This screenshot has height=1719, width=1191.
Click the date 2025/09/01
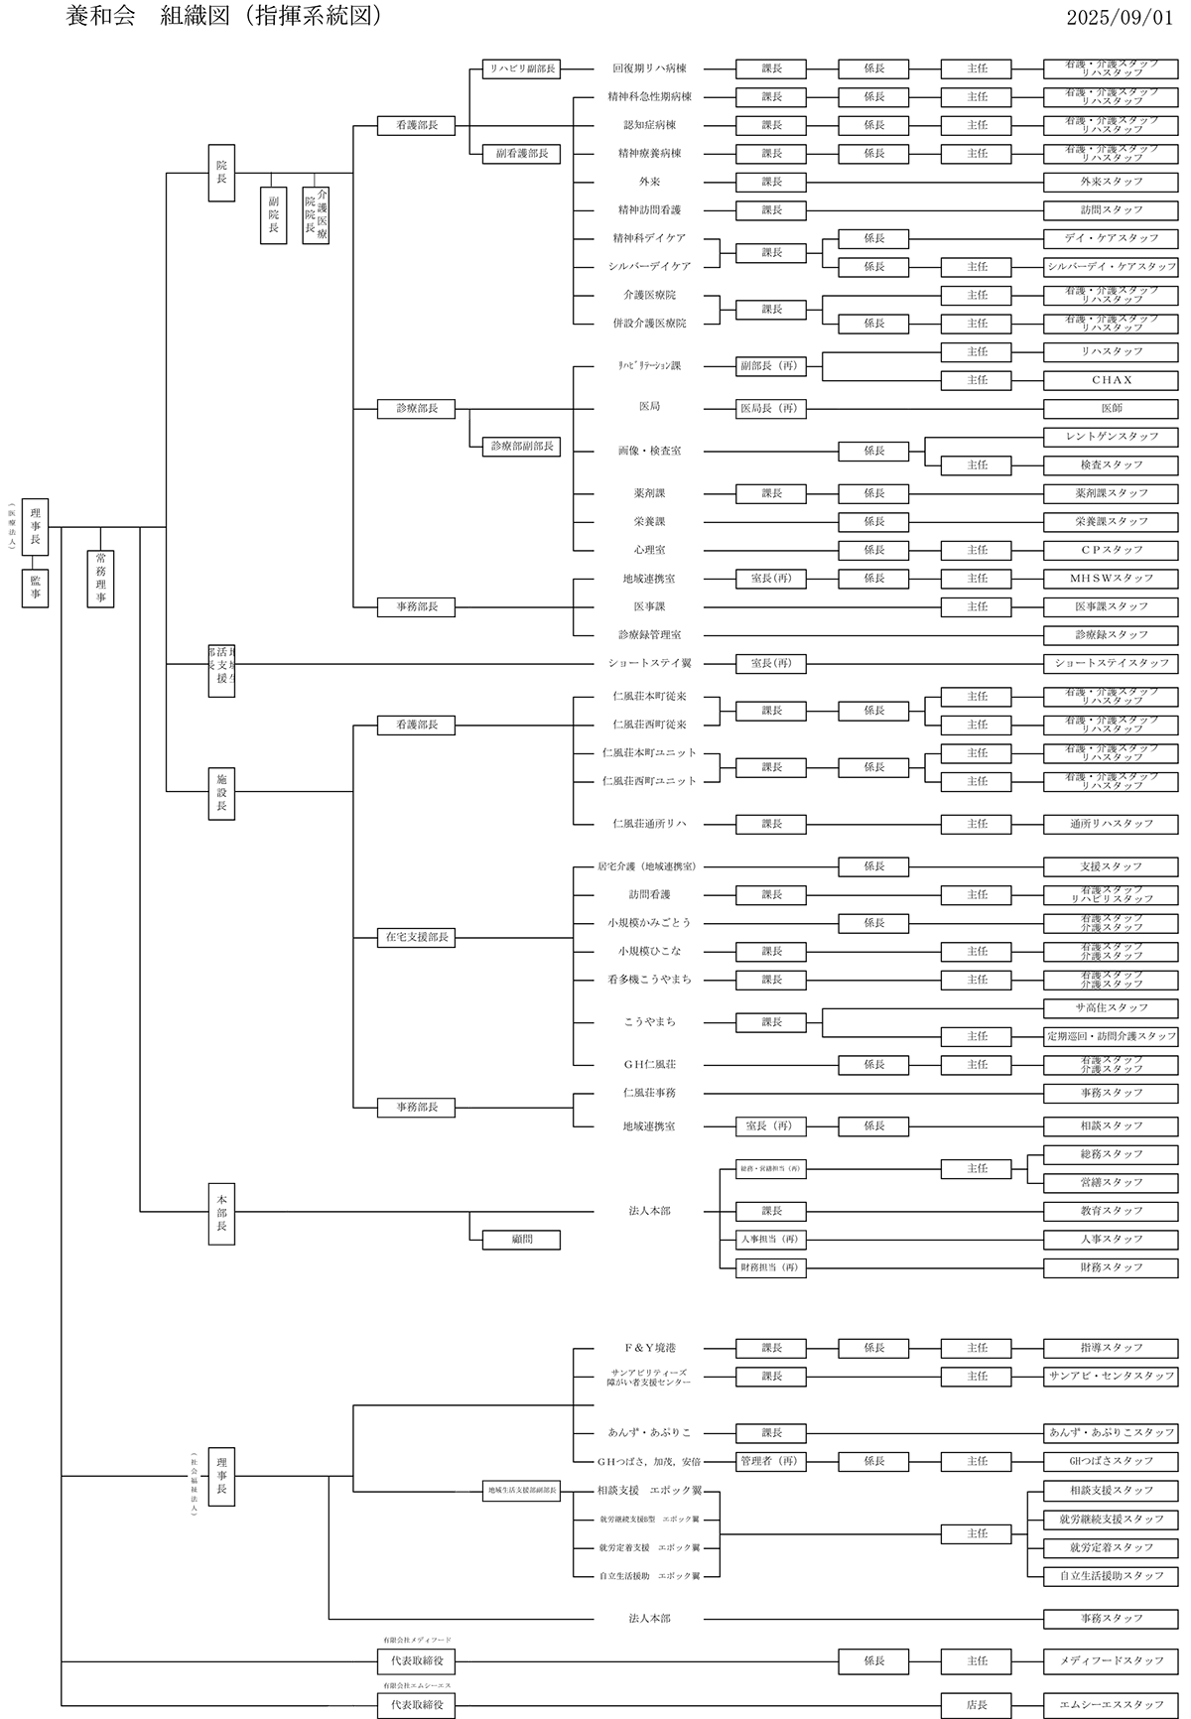pos(1120,17)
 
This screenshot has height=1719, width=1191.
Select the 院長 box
pos(221,174)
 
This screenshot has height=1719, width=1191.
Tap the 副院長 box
pos(273,215)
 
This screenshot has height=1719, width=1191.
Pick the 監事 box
pos(35,588)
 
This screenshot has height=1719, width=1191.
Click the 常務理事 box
pos(100,579)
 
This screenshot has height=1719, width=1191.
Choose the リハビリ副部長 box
pos(521,69)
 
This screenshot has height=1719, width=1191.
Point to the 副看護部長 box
pos(521,154)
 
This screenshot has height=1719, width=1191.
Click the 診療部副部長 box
pos(521,447)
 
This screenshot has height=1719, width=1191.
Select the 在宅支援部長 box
pos(416,937)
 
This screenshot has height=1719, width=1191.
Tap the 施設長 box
pos(221,792)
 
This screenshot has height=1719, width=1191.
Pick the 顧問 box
pos(521,1240)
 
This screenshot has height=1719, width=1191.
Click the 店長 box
pos(977,1705)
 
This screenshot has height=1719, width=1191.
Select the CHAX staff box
pos(1111,380)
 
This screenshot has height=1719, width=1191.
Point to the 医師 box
pos(1111,408)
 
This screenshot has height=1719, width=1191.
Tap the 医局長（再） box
pos(770,408)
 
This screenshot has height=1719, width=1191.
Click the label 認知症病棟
pos(649,125)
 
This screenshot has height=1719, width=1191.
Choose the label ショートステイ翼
pos(649,663)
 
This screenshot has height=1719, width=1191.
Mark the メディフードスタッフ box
pos(1111,1660)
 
